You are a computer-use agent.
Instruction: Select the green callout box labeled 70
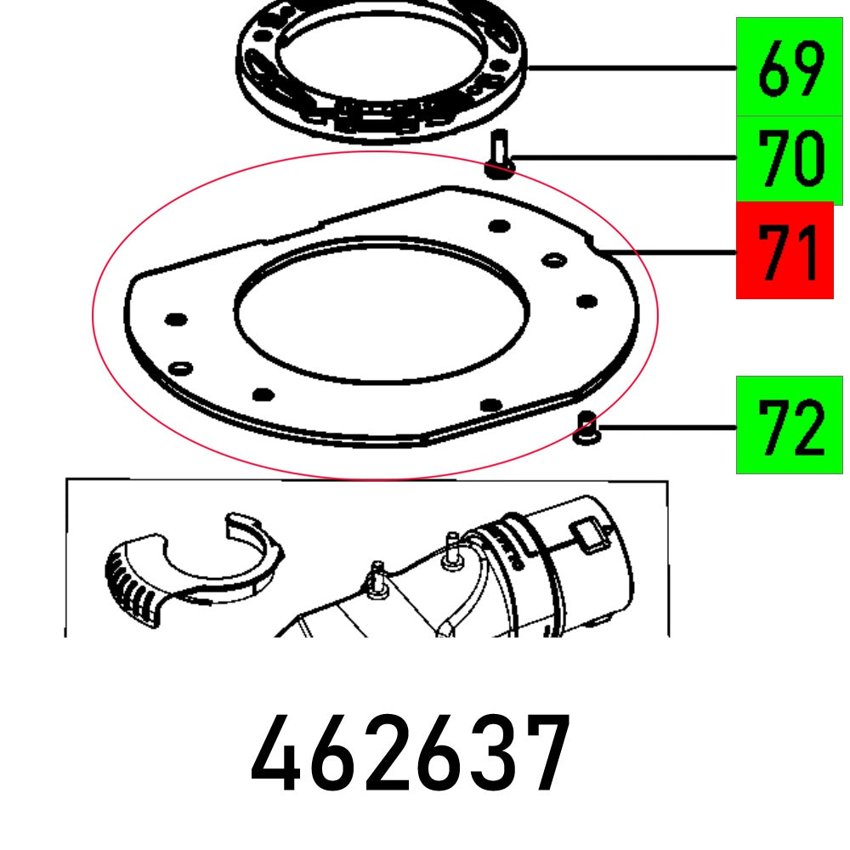pyautogui.click(x=788, y=158)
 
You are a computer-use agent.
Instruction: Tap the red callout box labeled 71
pyautogui.click(x=784, y=250)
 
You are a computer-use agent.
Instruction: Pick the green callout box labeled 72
pyautogui.click(x=788, y=424)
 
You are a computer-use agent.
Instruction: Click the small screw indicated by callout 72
pyautogui.click(x=585, y=427)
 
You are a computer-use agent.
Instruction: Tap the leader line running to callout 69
pyautogui.click(x=629, y=68)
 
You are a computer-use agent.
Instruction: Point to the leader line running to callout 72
pyautogui.click(x=663, y=428)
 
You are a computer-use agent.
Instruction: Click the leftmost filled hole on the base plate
pyautogui.click(x=175, y=320)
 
